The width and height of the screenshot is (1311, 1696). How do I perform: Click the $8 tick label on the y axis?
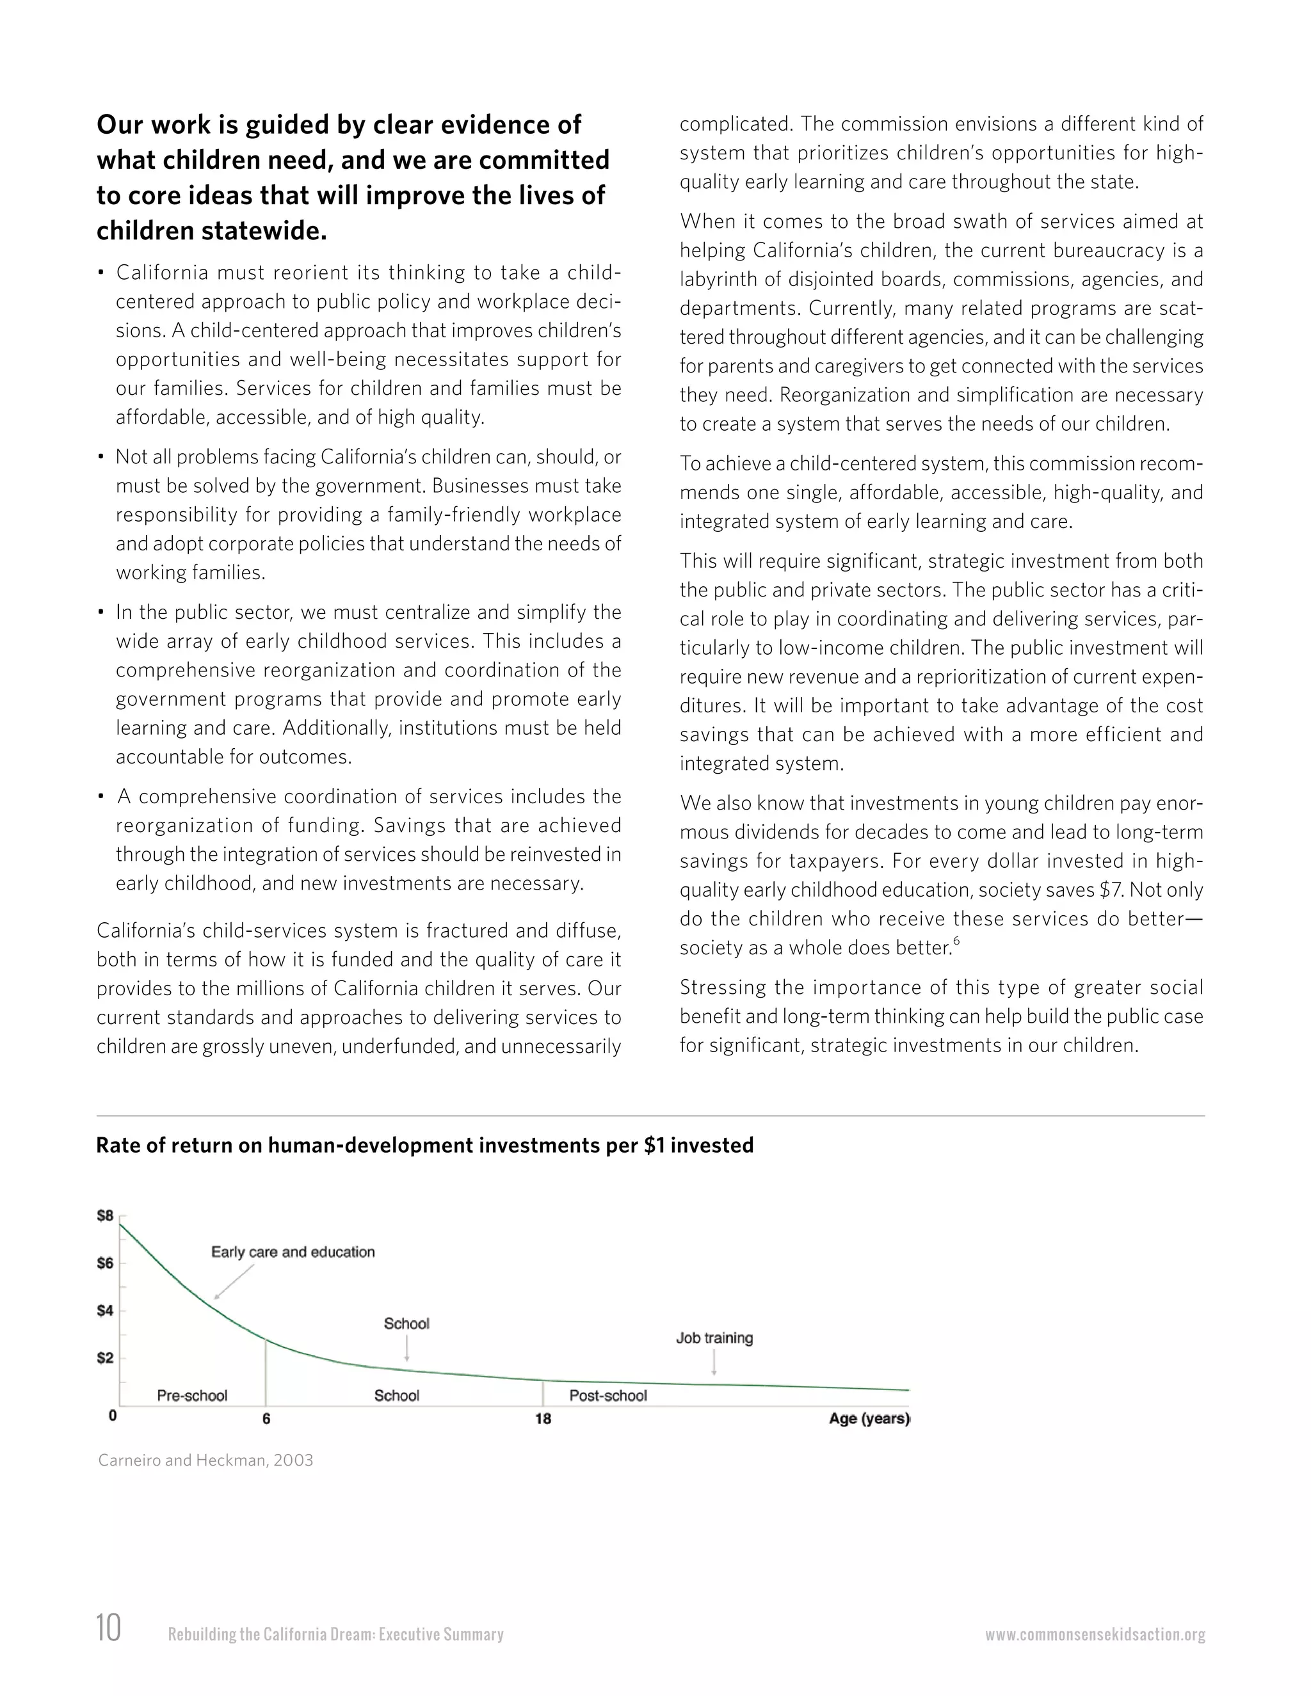[105, 1215]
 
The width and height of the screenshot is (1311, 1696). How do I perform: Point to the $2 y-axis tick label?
[105, 1358]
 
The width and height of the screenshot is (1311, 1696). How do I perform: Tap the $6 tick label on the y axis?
[105, 1263]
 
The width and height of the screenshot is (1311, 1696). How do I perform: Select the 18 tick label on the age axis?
[543, 1419]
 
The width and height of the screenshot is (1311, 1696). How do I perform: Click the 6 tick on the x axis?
[266, 1419]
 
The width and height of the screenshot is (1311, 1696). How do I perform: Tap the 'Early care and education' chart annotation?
[293, 1252]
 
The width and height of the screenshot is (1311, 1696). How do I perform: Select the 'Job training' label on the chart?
[714, 1338]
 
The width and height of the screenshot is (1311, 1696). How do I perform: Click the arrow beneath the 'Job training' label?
[714, 1362]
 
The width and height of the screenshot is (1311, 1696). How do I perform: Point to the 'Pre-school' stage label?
[192, 1395]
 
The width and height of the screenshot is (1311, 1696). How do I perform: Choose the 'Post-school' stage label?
[608, 1395]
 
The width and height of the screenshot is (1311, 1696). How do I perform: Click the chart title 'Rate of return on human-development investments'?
[424, 1146]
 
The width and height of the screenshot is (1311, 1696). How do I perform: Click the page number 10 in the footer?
[109, 1628]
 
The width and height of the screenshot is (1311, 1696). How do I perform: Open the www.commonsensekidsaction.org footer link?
[1095, 1635]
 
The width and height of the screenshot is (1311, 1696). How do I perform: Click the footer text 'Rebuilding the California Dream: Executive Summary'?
[335, 1635]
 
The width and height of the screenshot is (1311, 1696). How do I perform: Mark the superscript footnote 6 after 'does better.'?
[957, 941]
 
